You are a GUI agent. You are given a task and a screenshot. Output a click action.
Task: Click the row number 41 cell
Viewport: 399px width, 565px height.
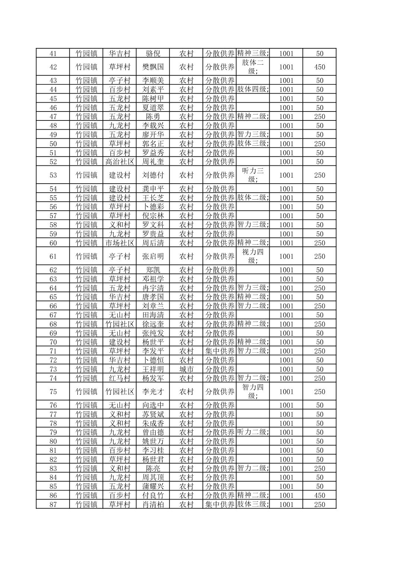click(53, 54)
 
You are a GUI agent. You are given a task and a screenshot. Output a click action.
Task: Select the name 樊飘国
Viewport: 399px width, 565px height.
click(153, 67)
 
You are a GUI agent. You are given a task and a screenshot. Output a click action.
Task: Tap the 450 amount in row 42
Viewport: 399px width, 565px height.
click(319, 67)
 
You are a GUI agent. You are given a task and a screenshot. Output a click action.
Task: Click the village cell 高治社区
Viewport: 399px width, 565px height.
click(120, 162)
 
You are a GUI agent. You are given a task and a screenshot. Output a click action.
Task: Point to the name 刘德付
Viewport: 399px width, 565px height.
click(153, 175)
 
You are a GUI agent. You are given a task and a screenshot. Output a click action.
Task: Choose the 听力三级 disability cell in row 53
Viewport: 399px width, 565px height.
click(253, 175)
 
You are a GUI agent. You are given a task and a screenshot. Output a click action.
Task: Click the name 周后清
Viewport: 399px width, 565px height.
click(153, 243)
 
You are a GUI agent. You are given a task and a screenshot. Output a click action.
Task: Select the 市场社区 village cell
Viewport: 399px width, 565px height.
click(120, 243)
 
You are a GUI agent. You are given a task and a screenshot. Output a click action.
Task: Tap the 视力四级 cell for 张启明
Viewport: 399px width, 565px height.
click(253, 256)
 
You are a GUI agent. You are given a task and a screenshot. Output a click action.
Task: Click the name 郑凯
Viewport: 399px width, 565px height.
click(153, 270)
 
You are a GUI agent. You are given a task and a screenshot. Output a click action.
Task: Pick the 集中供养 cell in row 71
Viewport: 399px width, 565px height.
click(220, 351)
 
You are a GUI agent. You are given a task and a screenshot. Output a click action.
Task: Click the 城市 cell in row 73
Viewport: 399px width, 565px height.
click(186, 369)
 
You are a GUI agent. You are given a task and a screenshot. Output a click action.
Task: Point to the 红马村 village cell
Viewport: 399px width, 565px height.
click(120, 378)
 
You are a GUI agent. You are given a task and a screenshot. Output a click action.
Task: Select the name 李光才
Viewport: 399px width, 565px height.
click(153, 392)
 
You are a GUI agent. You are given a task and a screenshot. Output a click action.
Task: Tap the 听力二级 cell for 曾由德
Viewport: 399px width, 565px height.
click(253, 432)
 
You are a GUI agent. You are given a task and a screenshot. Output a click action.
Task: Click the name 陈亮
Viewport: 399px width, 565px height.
click(153, 469)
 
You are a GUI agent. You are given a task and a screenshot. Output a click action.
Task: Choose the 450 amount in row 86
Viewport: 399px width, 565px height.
click(319, 495)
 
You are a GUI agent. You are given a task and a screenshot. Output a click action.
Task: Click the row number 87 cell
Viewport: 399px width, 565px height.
click(53, 505)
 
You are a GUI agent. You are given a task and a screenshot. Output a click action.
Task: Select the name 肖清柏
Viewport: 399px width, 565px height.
click(153, 505)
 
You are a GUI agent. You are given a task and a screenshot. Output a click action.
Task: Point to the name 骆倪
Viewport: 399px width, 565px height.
click(153, 54)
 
